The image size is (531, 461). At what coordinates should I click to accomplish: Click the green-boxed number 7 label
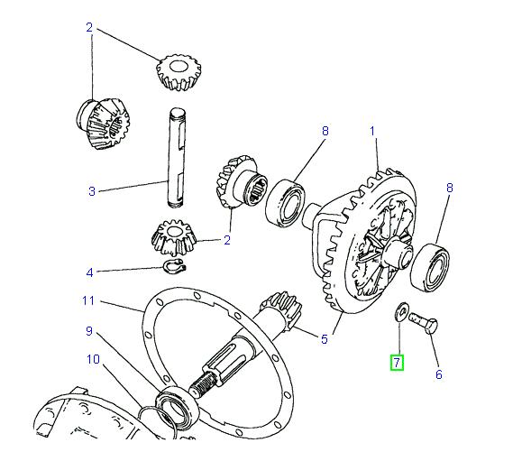point(397,363)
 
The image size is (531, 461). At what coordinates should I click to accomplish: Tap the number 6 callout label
point(439,373)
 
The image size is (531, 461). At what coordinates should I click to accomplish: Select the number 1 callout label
point(371,131)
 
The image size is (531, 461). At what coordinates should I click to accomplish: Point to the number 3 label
point(91,190)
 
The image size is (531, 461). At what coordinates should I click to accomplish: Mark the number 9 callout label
point(89,331)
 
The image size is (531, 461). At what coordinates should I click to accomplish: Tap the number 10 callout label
point(92,361)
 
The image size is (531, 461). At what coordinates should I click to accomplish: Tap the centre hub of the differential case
point(393,257)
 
